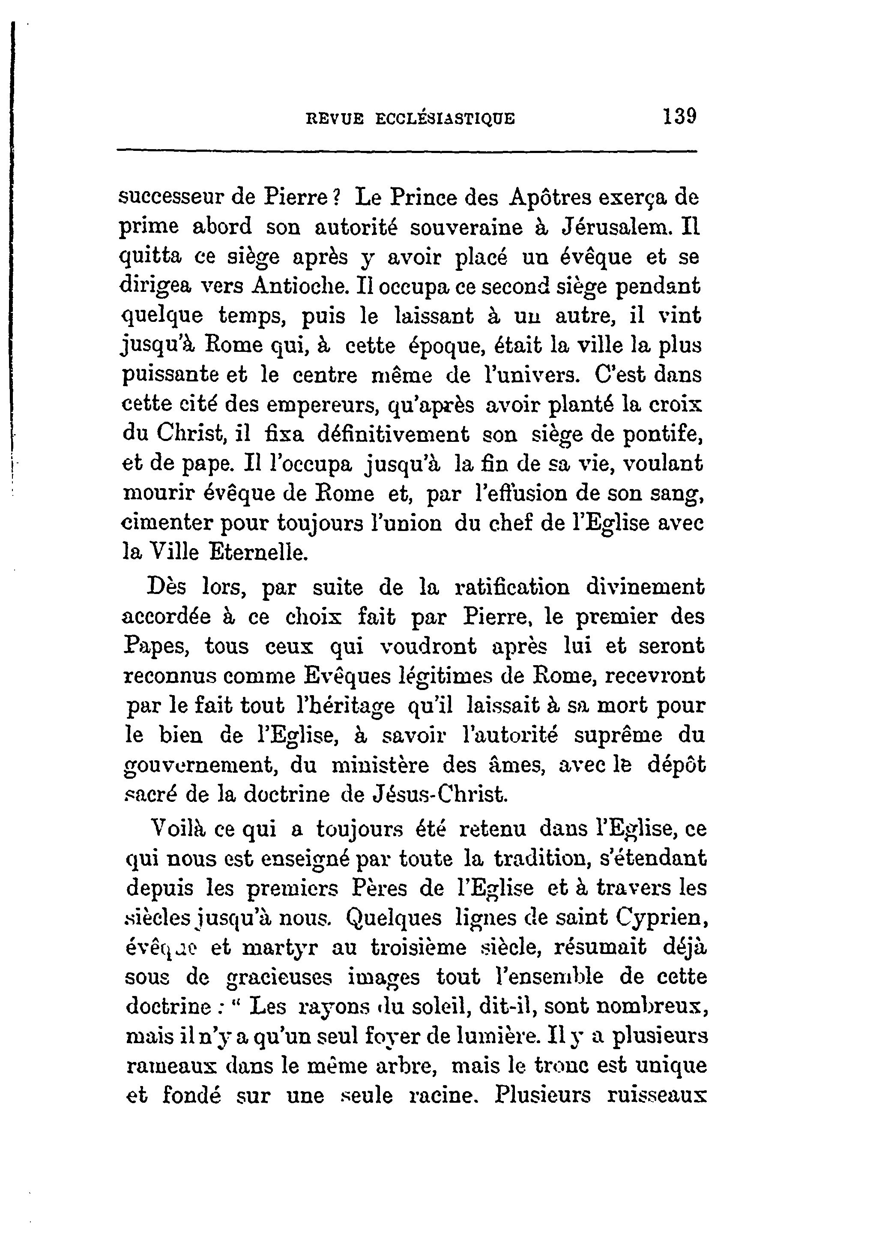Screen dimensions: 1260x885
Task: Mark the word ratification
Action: [x=512, y=588]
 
